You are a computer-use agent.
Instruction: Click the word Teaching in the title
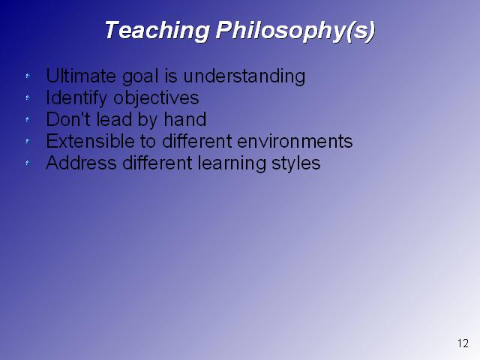tap(157, 30)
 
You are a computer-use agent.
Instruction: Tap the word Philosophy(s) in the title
tap(295, 31)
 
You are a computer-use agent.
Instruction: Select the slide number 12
tap(463, 343)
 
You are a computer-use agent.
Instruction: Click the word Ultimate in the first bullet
tap(81, 76)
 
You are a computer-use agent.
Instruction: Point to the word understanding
tap(244, 76)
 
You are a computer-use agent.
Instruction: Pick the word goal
tap(140, 76)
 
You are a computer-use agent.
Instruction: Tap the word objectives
tap(156, 98)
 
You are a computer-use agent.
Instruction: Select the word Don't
tap(68, 119)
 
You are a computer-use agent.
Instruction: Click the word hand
tap(185, 119)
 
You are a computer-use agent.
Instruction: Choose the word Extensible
tap(90, 141)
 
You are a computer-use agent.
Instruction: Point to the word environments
tap(295, 141)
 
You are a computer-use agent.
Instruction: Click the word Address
tap(81, 163)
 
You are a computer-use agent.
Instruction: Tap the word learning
tap(232, 163)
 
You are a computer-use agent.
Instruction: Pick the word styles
tap(296, 163)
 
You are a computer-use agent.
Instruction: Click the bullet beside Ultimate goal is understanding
tap(28, 76)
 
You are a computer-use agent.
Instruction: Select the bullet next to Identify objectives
tap(28, 97)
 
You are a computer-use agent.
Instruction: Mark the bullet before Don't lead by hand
tap(28, 119)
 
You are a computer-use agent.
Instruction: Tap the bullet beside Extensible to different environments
tap(28, 141)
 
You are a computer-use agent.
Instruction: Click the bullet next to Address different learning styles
tap(28, 163)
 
